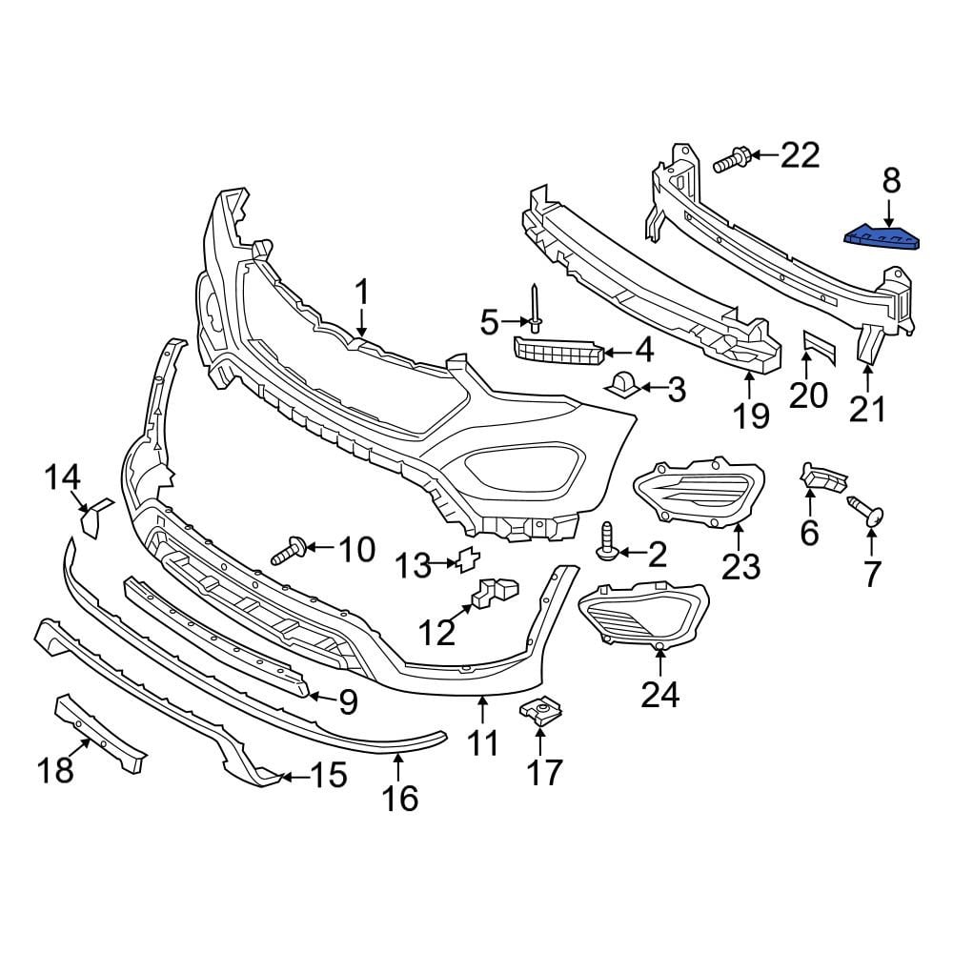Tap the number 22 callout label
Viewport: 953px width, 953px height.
(x=800, y=154)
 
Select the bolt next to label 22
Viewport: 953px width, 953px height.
(x=729, y=159)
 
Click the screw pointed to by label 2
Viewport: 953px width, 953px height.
(x=607, y=542)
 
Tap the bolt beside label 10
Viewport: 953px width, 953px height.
(x=289, y=550)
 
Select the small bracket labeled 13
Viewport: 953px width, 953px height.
(x=468, y=561)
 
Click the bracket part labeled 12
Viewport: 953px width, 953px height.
(x=493, y=593)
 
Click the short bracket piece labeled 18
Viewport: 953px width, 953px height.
(x=101, y=731)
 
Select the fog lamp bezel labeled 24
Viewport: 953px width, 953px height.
(x=643, y=616)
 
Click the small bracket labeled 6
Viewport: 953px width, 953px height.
(x=821, y=477)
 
